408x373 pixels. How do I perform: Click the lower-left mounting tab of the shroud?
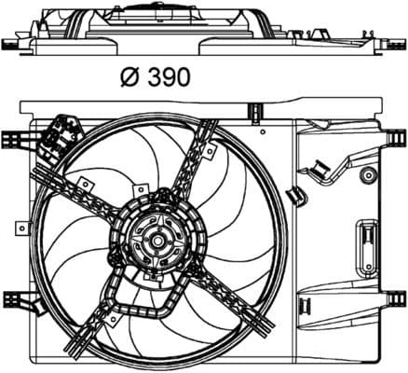tap(11, 303)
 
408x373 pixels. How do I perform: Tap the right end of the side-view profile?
tap(396, 43)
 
